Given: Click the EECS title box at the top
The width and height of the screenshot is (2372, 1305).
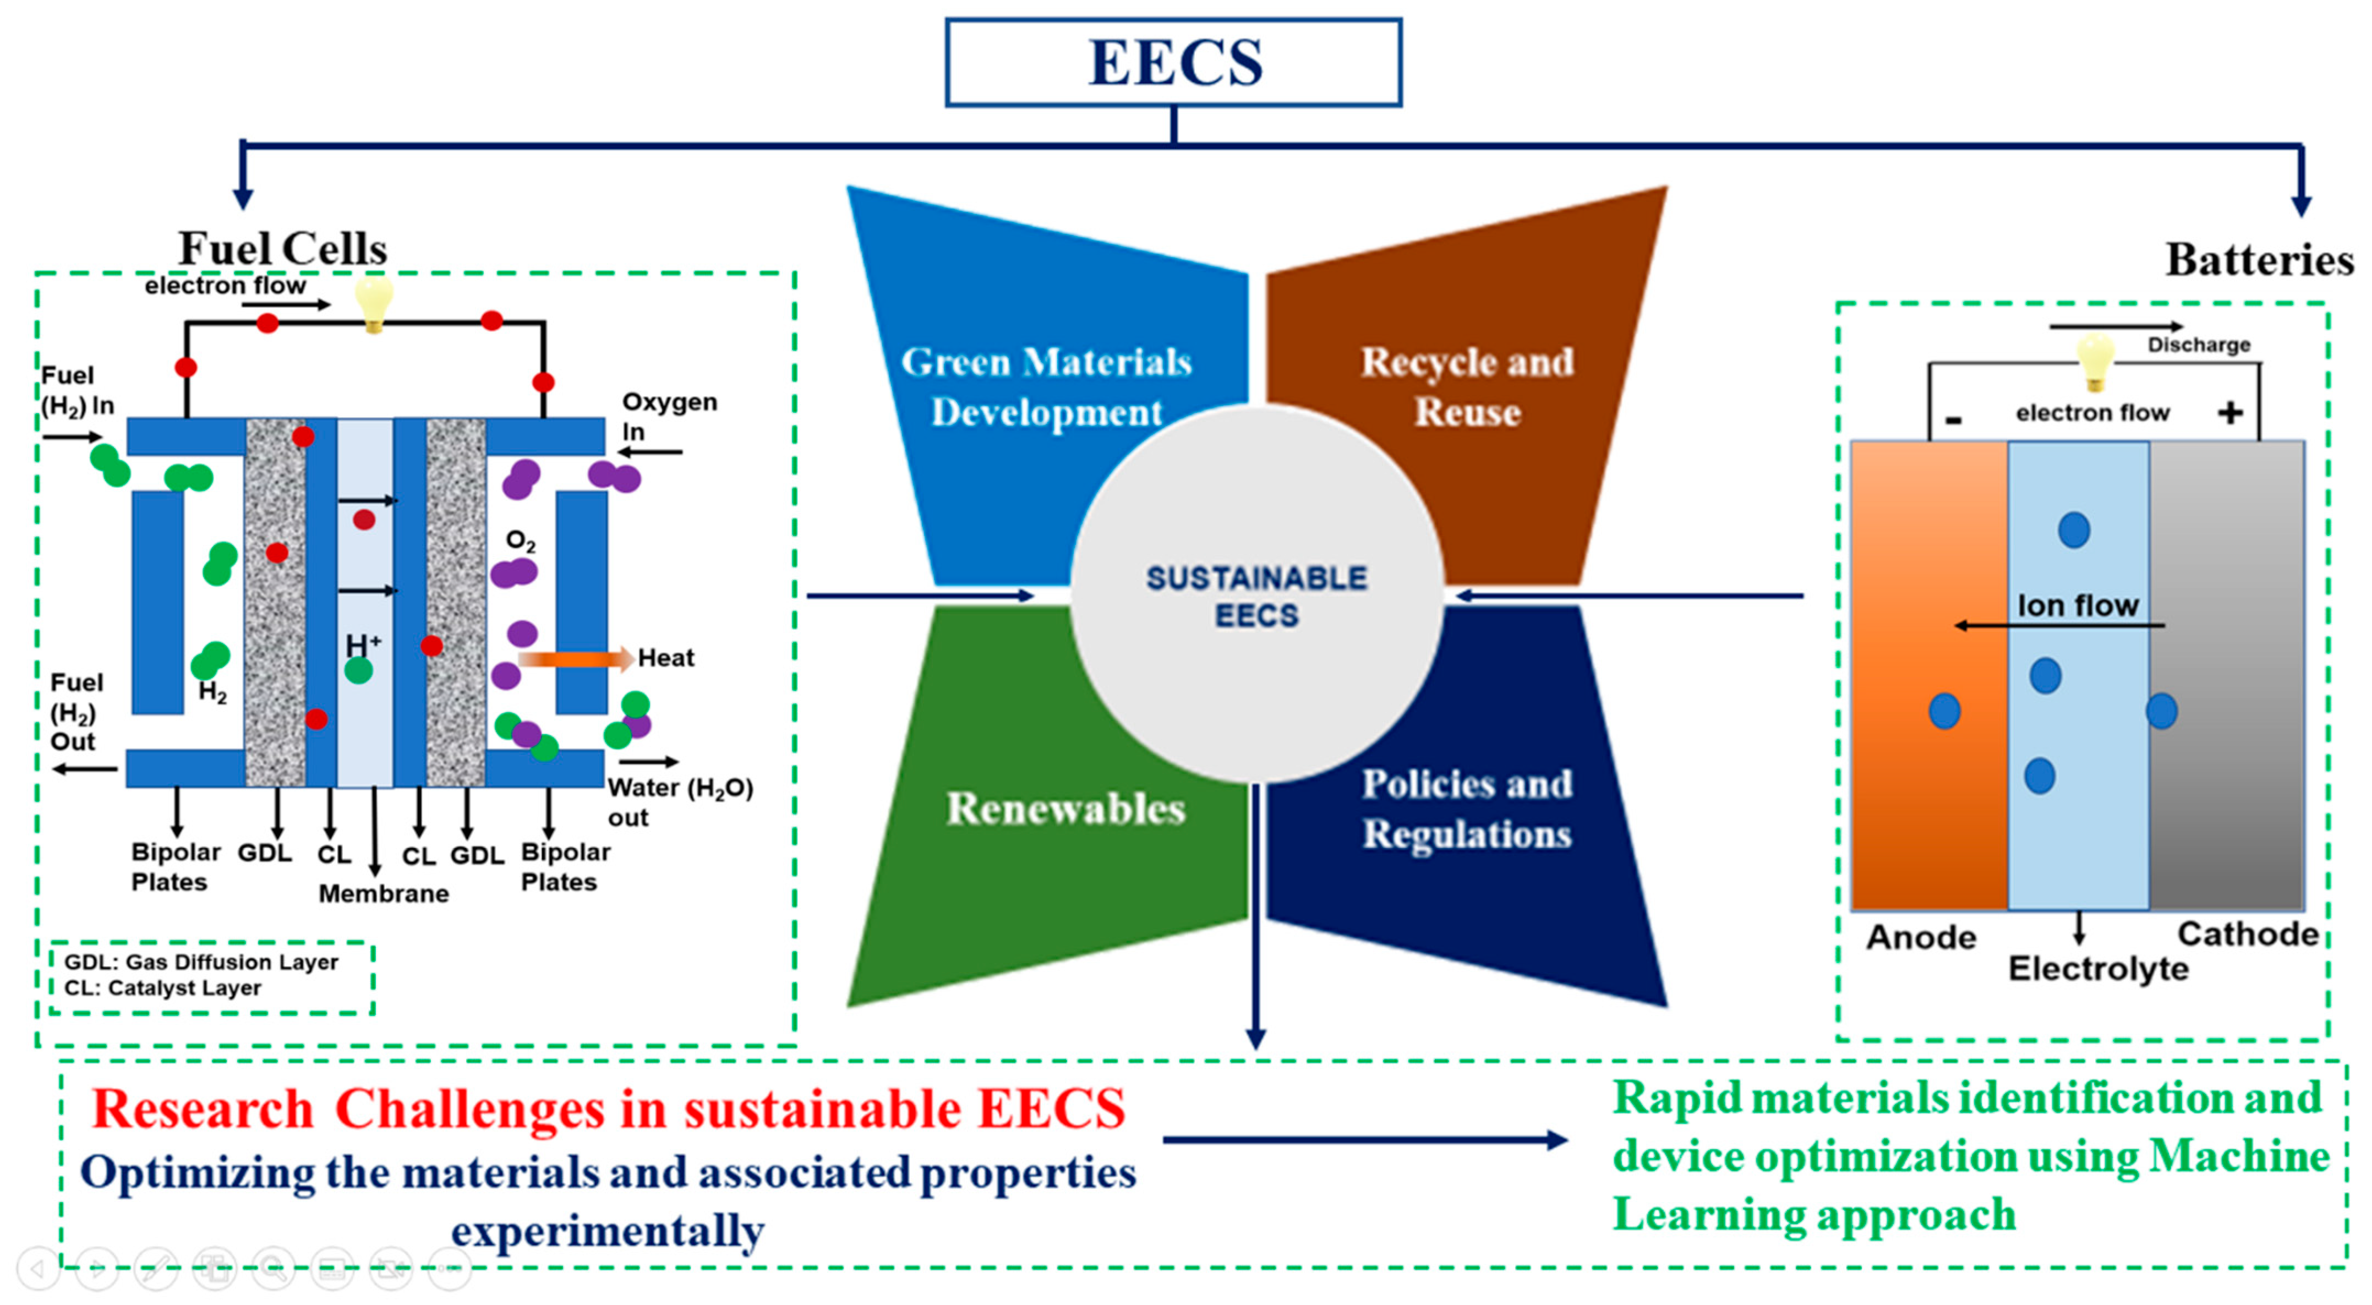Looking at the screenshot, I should (x=1173, y=63).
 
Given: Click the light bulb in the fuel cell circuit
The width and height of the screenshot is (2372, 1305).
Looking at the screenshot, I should (x=374, y=302).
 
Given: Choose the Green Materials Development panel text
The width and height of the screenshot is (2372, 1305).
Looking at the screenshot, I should (x=1046, y=387).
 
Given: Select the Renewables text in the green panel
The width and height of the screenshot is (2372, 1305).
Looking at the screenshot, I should (x=1065, y=809).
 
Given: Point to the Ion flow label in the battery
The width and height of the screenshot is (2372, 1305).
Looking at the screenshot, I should (x=2078, y=605).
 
